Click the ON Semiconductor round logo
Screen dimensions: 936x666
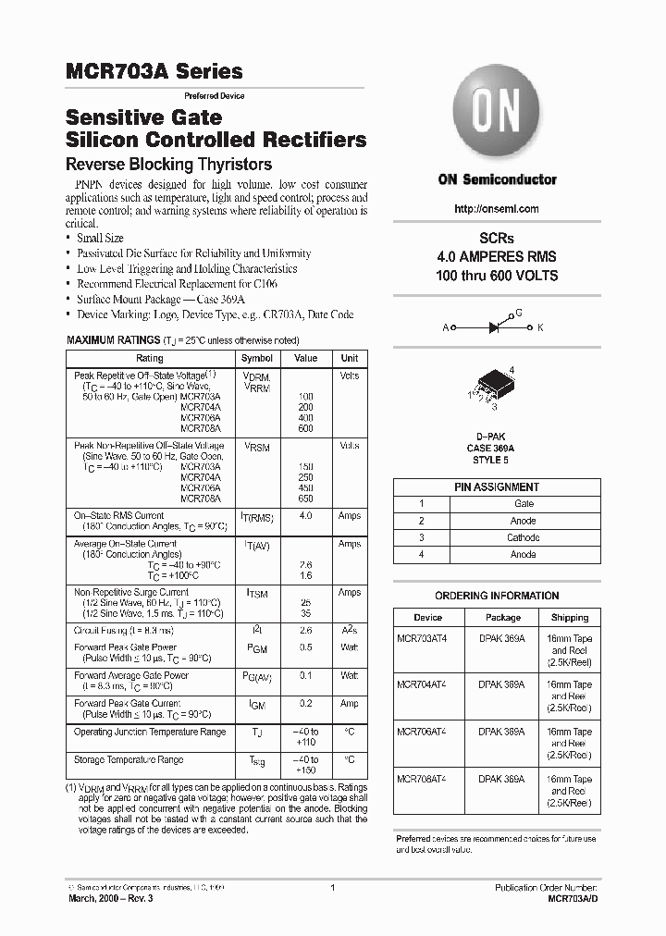(x=497, y=115)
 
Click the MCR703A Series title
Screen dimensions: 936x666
(x=154, y=71)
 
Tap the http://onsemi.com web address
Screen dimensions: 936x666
(x=497, y=209)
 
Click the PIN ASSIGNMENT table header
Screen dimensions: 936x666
(x=497, y=486)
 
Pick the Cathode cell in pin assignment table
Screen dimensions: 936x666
(x=524, y=537)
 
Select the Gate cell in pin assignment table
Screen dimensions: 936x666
(x=524, y=504)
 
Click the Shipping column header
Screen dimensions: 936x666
(x=570, y=617)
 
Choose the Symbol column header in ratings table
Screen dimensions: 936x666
(x=257, y=358)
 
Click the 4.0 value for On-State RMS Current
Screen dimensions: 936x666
(x=305, y=516)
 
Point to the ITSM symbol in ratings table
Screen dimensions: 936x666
(x=257, y=593)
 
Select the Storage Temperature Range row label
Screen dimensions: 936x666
(x=129, y=759)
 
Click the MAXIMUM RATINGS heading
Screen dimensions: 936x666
(x=114, y=340)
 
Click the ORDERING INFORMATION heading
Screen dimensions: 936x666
(x=497, y=596)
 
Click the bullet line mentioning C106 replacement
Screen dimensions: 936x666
(x=188, y=284)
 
